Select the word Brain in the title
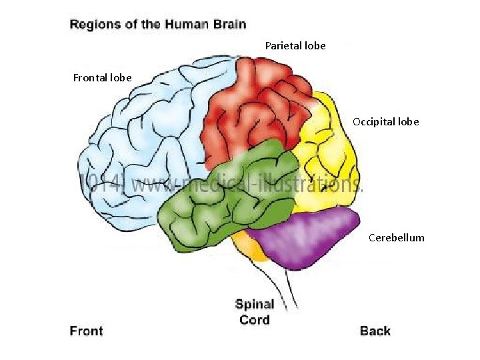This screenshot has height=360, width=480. (x=230, y=25)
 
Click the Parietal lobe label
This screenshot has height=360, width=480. (x=295, y=46)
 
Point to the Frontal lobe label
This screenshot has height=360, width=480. (x=102, y=78)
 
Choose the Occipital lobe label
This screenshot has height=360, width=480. (x=386, y=122)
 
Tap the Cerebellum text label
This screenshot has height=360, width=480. (x=396, y=237)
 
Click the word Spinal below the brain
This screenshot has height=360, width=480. (x=255, y=305)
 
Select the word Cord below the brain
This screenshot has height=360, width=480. (x=255, y=319)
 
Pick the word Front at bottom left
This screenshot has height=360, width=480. (x=87, y=331)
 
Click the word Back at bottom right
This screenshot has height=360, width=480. (x=375, y=331)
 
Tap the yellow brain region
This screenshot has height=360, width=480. (x=327, y=160)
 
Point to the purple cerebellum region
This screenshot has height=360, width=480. (x=307, y=237)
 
